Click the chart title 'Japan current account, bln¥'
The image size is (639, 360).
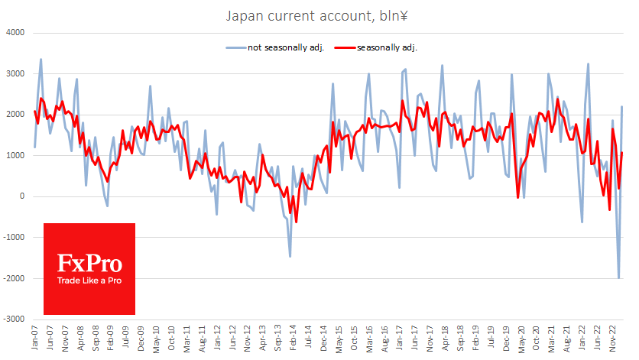click(319, 15)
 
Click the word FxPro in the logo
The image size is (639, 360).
click(89, 264)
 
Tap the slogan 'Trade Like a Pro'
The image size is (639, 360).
click(89, 281)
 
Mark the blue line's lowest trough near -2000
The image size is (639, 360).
click(618, 278)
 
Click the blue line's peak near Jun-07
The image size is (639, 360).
click(41, 60)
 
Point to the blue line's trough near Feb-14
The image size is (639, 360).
click(290, 256)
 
